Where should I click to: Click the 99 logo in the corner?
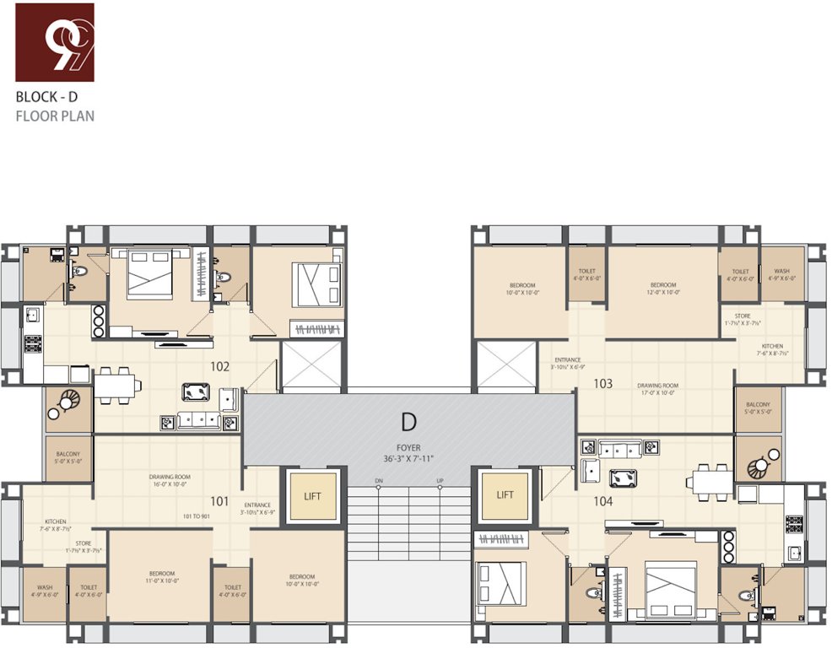click(55, 42)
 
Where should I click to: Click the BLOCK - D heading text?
click(47, 96)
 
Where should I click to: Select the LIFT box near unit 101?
click(313, 494)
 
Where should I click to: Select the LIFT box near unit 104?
click(505, 494)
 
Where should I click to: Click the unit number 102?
click(220, 367)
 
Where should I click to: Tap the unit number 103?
click(602, 383)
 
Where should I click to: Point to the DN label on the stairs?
click(379, 481)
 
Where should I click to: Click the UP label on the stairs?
click(440, 481)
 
